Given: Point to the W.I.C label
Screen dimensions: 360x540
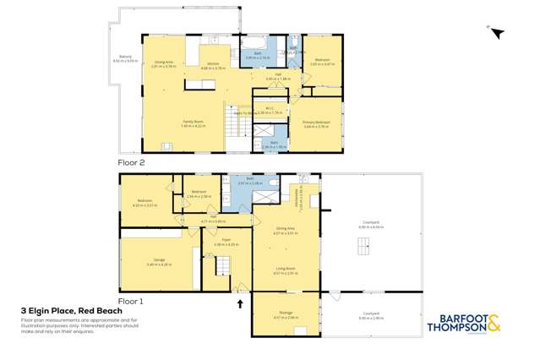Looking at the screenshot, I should click(x=268, y=109).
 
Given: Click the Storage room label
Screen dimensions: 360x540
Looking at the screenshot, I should click(x=283, y=314).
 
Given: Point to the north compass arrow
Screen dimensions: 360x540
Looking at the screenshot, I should click(x=497, y=34).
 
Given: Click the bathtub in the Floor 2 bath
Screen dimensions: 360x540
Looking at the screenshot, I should click(x=254, y=41).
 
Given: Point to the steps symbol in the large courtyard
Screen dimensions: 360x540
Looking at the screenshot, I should click(x=363, y=246).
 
